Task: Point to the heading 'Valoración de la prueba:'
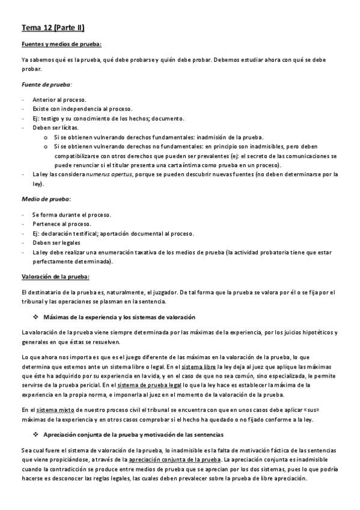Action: coord(55,277)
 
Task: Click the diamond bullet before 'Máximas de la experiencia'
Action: coord(37,317)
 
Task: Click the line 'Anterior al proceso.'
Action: coord(59,99)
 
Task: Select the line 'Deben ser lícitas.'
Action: coord(57,128)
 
